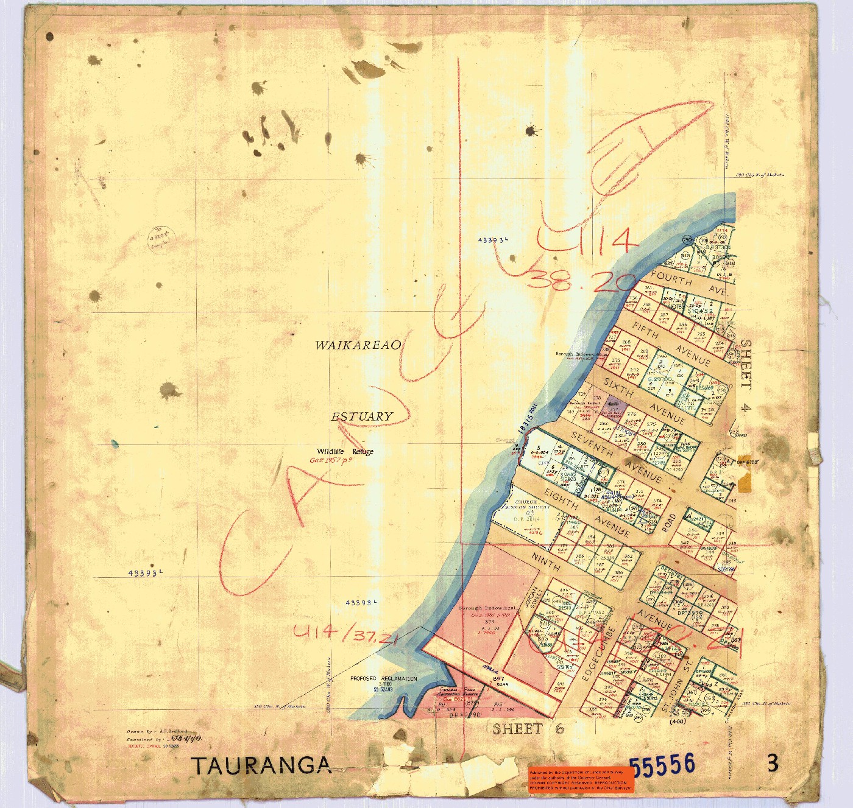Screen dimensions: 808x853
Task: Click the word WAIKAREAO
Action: tap(358, 345)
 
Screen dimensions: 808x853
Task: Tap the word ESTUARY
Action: tap(362, 416)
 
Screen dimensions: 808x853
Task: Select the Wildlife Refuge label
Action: tap(345, 451)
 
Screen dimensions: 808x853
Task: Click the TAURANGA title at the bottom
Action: tap(262, 765)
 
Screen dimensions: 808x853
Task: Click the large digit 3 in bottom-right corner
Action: tap(773, 763)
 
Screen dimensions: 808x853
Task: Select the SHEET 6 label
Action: tap(528, 729)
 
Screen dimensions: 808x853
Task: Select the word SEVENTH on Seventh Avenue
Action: tap(592, 443)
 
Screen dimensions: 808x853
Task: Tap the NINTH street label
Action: tap(545, 561)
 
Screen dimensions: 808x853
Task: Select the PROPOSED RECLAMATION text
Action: tap(384, 678)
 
